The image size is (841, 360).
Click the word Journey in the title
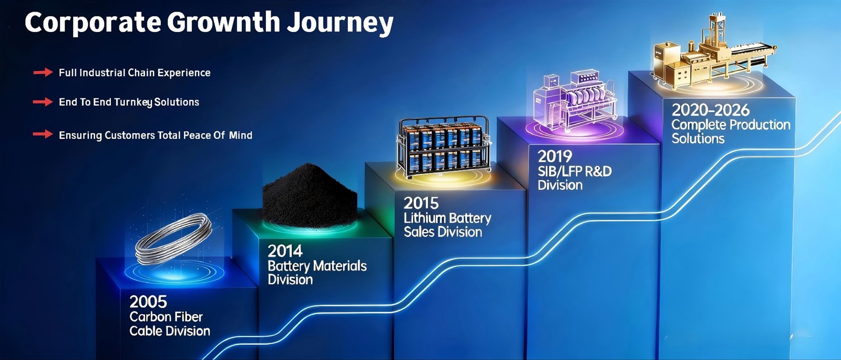coord(340,23)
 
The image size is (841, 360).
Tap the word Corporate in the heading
coord(93,23)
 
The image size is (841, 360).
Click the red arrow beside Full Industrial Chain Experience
coord(43,73)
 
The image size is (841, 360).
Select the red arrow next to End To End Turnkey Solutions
coord(43,102)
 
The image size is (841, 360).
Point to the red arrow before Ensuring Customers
coord(43,135)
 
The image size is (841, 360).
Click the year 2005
coord(148,302)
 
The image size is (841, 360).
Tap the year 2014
coord(285,251)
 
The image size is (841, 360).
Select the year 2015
coord(421,203)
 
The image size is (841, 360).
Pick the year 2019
coord(555,157)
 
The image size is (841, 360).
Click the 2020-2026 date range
coord(710,110)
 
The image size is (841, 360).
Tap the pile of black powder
coord(310,196)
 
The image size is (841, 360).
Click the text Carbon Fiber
coord(166,317)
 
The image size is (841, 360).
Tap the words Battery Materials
coord(317,266)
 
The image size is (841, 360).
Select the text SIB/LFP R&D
coord(575,171)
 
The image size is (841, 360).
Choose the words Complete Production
coord(731,125)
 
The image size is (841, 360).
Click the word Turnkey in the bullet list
coord(134,102)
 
